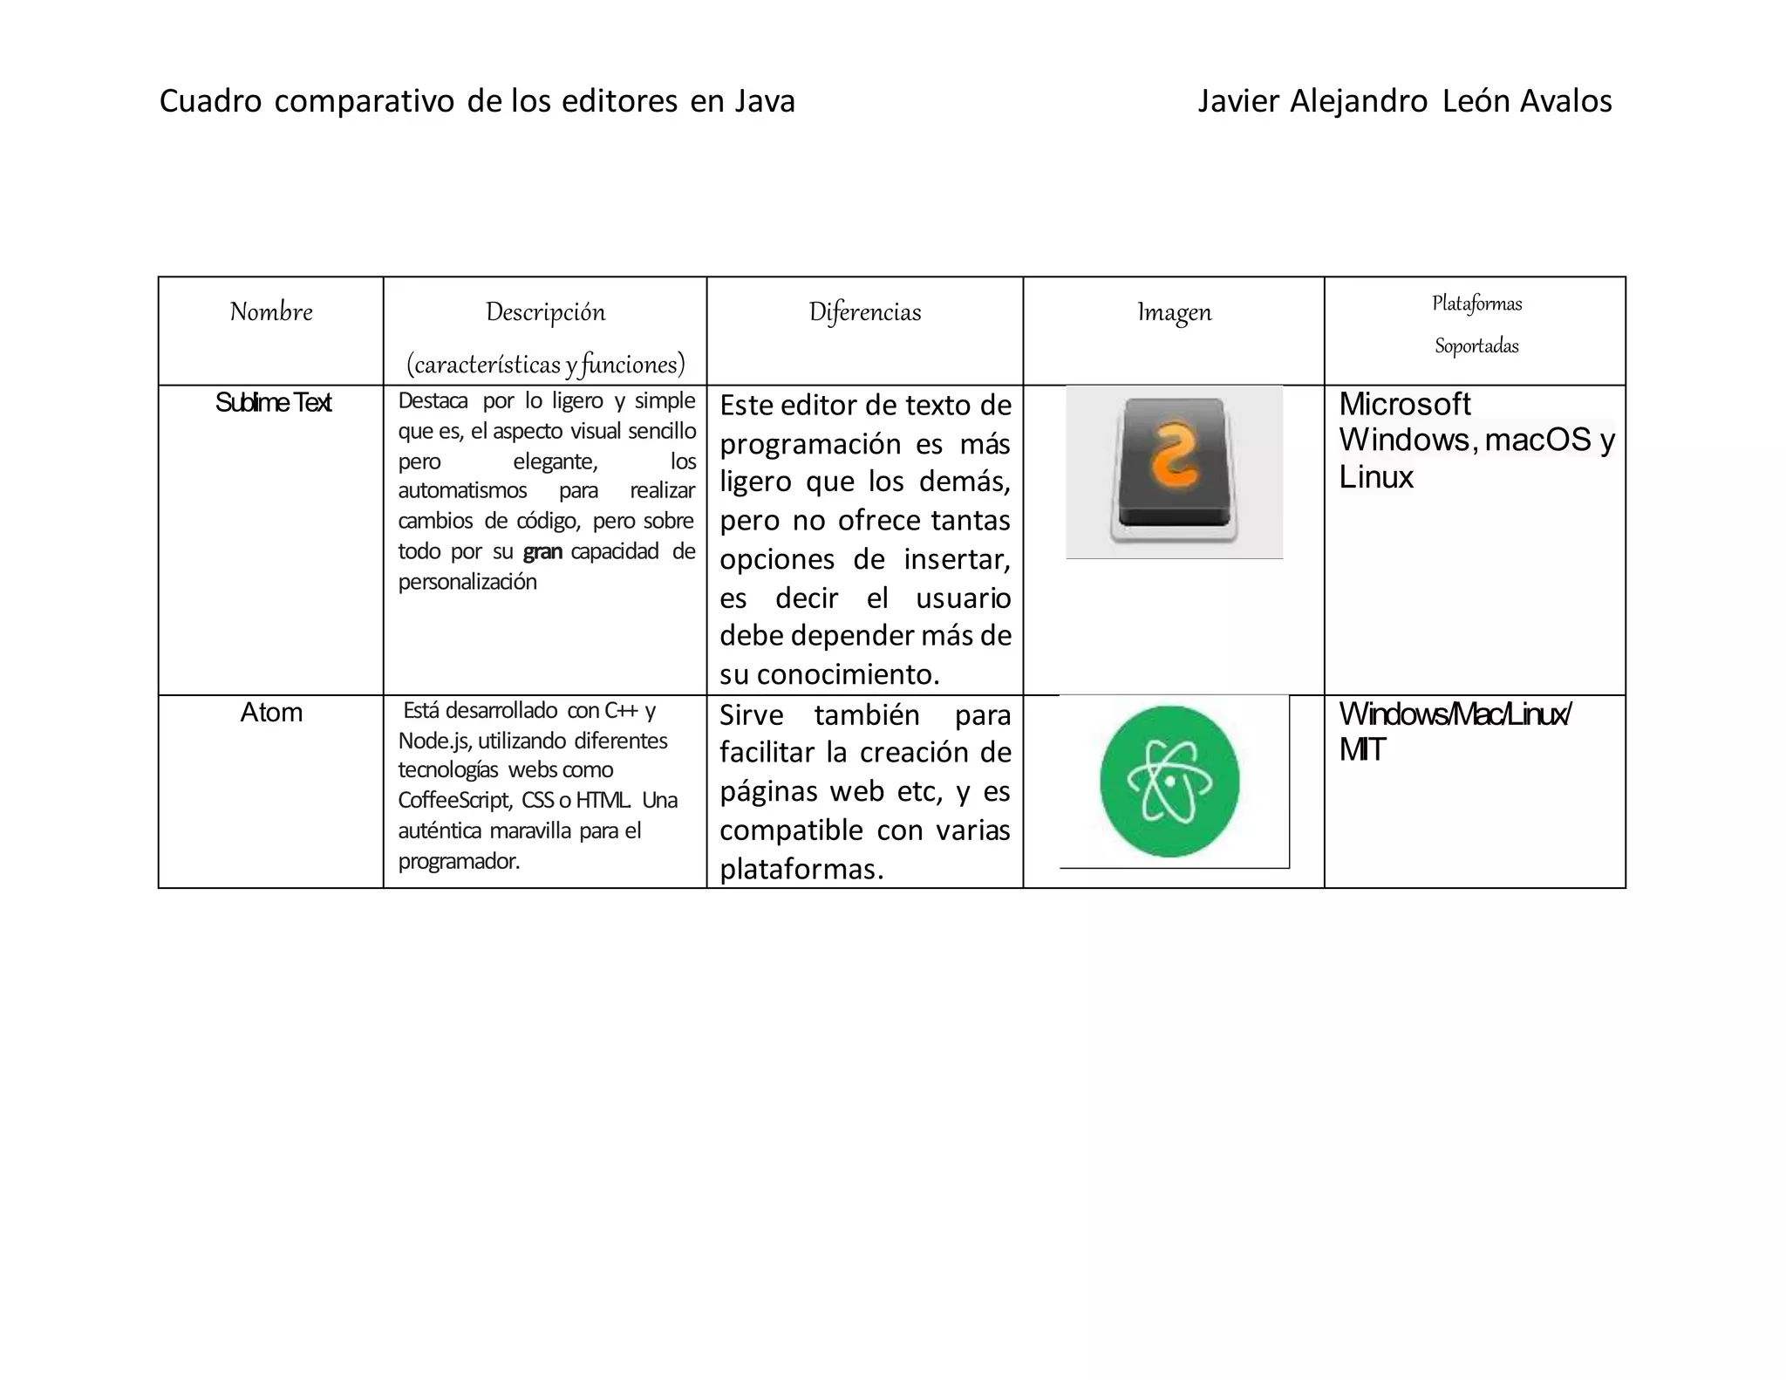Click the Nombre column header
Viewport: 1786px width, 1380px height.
point(271,311)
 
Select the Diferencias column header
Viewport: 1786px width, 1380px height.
point(864,312)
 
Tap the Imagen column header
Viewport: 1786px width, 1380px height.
point(1174,312)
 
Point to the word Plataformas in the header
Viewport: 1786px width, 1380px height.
point(1476,304)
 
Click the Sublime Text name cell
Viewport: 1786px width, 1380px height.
point(273,403)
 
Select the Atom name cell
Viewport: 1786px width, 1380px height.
point(271,713)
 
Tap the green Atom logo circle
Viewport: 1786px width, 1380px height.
point(1169,781)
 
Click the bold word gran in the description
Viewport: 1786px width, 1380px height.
point(542,552)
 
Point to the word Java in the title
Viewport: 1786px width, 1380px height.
point(764,102)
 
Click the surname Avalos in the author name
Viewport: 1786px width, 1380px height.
point(1565,102)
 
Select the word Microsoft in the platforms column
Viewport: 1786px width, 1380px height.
point(1405,404)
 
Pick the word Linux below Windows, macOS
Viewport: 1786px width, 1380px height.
point(1376,477)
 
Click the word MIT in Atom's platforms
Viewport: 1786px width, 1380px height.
point(1362,750)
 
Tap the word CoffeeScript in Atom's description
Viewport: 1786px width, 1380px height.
point(454,801)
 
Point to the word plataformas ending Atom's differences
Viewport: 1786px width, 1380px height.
point(801,869)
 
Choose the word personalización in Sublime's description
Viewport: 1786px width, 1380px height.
point(467,582)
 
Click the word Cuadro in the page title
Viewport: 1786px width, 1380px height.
point(210,102)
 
